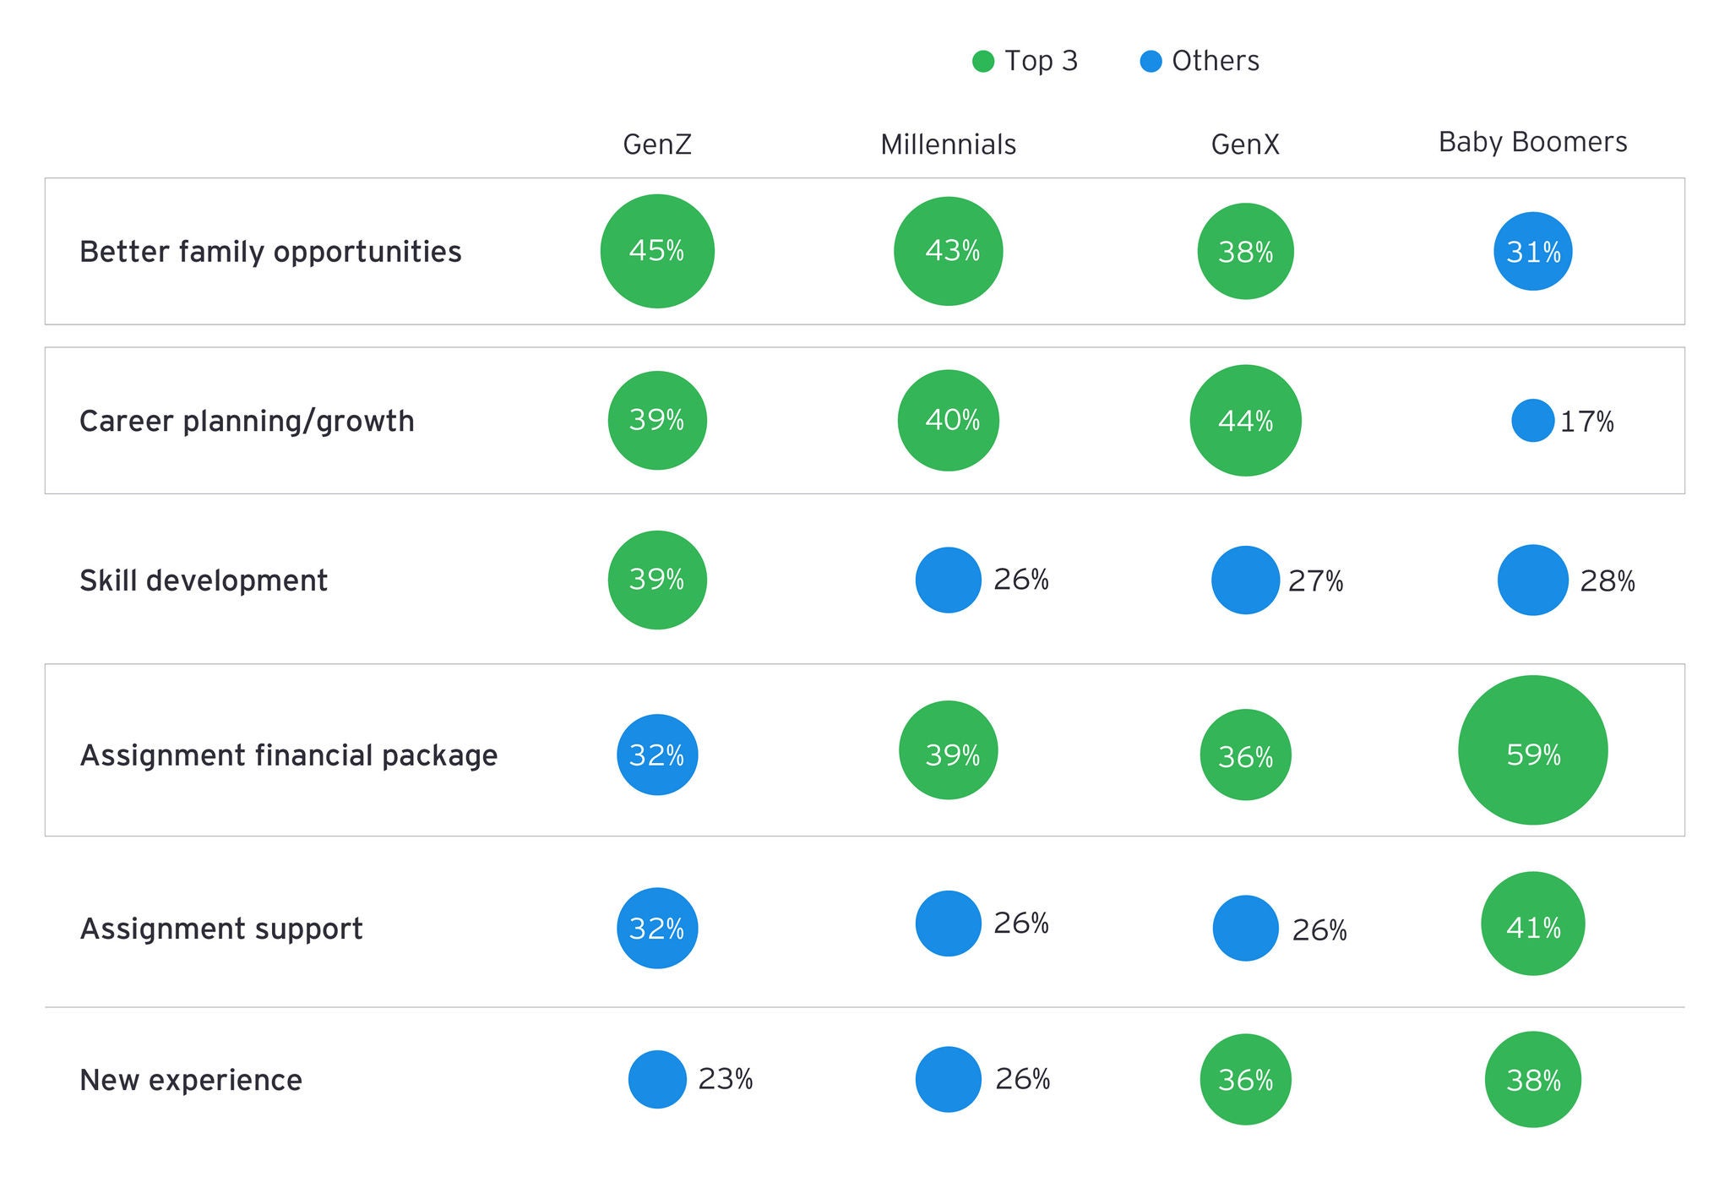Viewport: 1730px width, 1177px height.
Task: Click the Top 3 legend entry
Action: point(1025,61)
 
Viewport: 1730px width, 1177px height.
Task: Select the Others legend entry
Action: point(1200,61)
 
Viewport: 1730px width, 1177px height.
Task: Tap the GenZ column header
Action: point(657,144)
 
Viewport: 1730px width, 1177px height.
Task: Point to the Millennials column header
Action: point(948,144)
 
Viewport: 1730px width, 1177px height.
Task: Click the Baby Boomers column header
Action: point(1532,142)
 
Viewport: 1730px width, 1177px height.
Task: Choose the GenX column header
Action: point(1245,144)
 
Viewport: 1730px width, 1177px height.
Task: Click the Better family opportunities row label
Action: point(270,252)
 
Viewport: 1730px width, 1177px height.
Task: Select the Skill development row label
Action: point(204,580)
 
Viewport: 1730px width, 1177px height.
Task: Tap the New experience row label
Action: point(191,1080)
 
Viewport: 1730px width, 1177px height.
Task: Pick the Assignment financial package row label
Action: point(289,755)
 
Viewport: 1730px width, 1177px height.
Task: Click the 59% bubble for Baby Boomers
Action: point(1532,750)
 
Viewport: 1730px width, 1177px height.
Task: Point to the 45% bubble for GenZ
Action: point(657,251)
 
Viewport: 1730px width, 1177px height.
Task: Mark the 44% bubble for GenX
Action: point(1245,420)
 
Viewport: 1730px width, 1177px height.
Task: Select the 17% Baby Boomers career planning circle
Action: point(1532,420)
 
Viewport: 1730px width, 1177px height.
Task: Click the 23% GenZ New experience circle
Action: point(657,1079)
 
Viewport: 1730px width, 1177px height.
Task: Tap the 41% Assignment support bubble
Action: point(1532,924)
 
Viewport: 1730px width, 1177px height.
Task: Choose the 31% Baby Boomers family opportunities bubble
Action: point(1532,251)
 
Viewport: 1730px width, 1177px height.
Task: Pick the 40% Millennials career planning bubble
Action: point(948,420)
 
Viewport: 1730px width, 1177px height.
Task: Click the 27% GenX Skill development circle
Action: point(1245,580)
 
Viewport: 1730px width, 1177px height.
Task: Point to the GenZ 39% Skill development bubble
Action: point(657,580)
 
